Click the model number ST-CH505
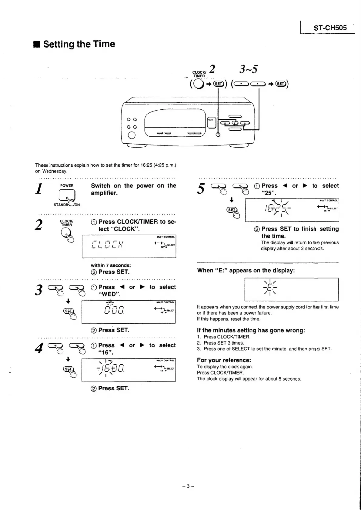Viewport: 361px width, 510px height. pos(330,28)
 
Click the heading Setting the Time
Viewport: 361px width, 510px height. pos(79,44)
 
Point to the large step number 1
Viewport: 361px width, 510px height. pos(38,189)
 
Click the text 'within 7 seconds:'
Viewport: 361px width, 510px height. pos(111,265)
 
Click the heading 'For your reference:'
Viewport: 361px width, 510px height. pos(224,360)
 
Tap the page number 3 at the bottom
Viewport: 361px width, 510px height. pos(188,486)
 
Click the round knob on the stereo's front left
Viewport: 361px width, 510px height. pos(132,135)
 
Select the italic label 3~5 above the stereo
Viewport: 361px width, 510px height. pos(248,69)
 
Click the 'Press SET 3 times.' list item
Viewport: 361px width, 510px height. pos(223,343)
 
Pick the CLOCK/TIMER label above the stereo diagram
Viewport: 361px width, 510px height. pos(199,74)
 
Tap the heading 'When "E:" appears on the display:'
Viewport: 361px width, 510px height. pos(246,270)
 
